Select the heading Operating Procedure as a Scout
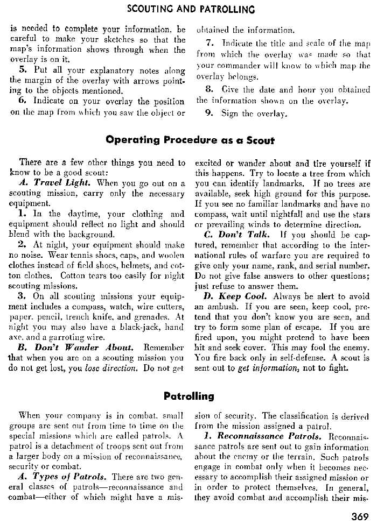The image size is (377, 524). tap(190, 140)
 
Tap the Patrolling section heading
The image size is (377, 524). tap(188, 396)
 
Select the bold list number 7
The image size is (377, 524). tap(210, 42)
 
